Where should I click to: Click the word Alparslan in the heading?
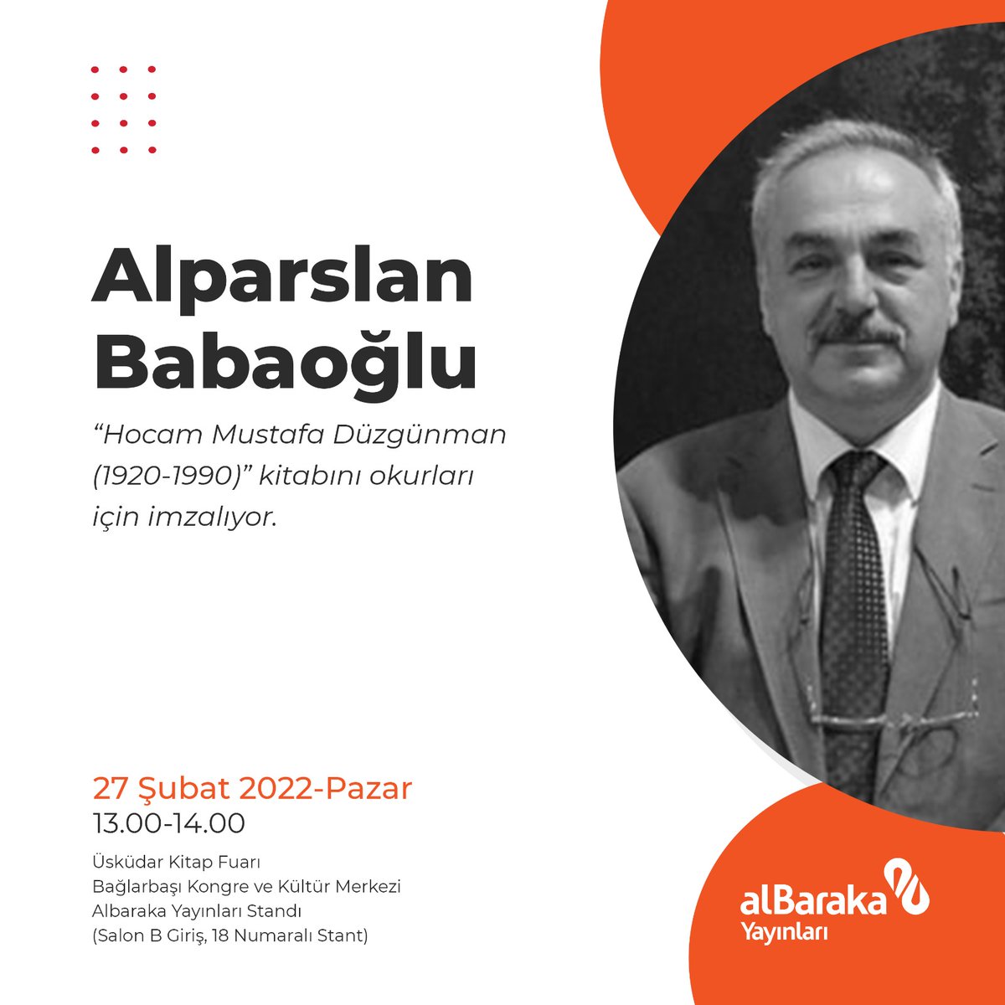[x=282, y=276]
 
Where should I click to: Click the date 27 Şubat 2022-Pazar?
[x=252, y=788]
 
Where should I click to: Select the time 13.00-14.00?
[x=168, y=823]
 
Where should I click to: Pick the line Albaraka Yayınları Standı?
[x=196, y=910]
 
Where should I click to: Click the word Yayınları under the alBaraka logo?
[x=784, y=931]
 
